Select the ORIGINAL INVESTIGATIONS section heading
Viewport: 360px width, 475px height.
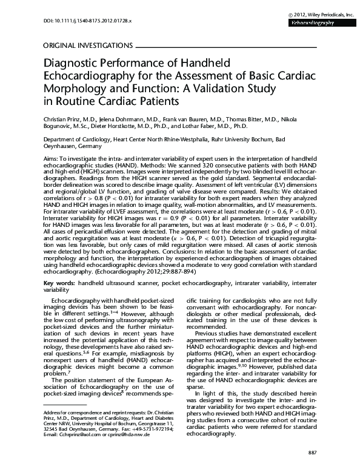87,45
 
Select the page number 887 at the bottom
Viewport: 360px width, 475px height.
312,453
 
